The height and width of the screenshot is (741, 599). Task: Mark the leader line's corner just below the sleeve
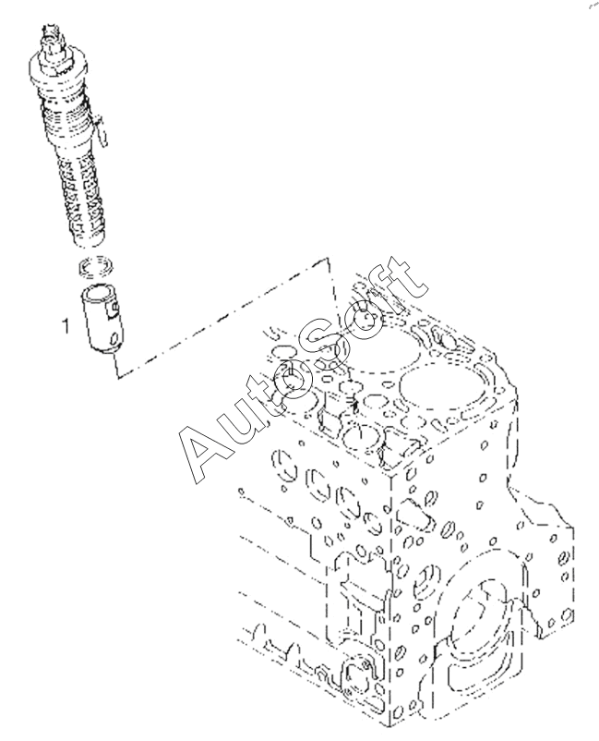pyautogui.click(x=114, y=378)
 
